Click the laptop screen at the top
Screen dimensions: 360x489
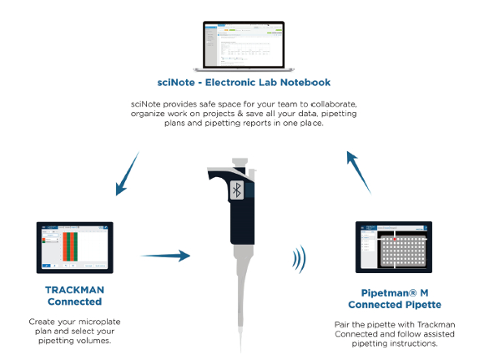coord(244,43)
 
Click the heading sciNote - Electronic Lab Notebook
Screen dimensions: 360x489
coord(244,83)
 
